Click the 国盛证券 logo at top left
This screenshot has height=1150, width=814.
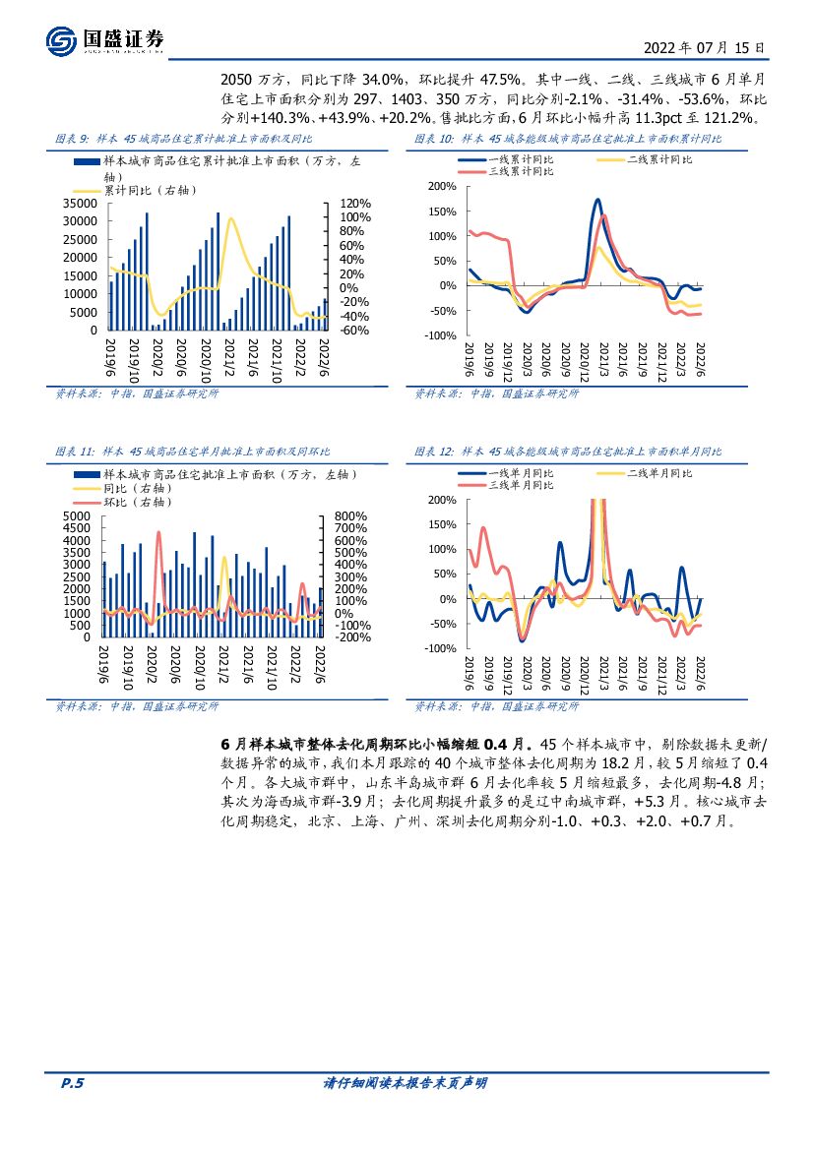pyautogui.click(x=106, y=40)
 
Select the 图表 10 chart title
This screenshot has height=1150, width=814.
pyautogui.click(x=567, y=139)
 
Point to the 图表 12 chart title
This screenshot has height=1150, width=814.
pyautogui.click(x=569, y=452)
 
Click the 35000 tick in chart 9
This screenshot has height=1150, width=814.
pyautogui.click(x=82, y=203)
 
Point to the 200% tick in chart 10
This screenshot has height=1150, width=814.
pyautogui.click(x=442, y=187)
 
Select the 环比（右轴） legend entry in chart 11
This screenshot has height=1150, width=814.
pyautogui.click(x=137, y=502)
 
